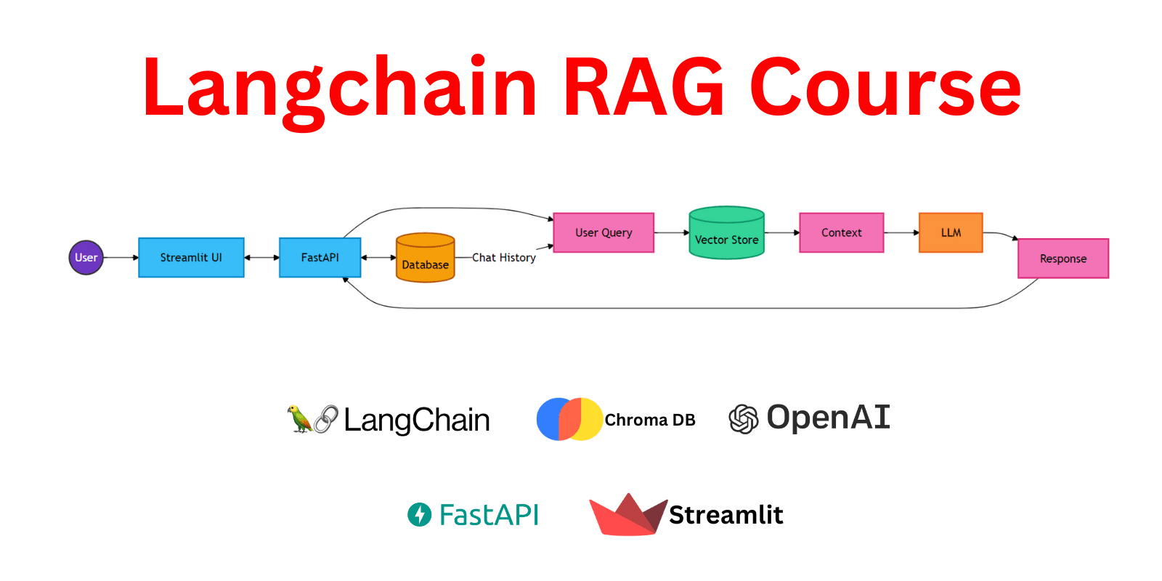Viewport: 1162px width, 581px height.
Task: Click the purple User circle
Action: [x=86, y=258]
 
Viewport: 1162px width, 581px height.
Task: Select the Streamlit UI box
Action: [x=191, y=258]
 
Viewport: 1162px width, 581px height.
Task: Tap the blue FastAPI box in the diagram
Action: [x=320, y=258]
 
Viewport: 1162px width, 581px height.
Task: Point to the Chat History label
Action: [x=504, y=258]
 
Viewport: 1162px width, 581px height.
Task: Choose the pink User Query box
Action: [x=604, y=233]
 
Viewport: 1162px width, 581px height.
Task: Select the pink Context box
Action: [x=841, y=233]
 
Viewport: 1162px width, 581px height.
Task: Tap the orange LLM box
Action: [x=951, y=233]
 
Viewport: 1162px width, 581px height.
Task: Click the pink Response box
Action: [x=1063, y=259]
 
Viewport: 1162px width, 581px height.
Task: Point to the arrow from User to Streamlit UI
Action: [x=121, y=258]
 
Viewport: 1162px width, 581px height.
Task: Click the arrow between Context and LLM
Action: [x=901, y=233]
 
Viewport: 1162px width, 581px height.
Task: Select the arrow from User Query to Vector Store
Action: [x=672, y=233]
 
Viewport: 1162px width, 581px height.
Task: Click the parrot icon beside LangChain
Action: [x=298, y=419]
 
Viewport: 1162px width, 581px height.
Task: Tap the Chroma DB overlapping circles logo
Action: [x=569, y=419]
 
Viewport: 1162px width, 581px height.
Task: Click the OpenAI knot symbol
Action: [x=743, y=419]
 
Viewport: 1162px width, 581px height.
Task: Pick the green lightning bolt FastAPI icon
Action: [x=419, y=515]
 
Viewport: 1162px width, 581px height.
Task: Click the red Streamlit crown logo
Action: [x=627, y=515]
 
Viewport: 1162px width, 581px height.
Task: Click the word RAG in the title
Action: [x=643, y=89]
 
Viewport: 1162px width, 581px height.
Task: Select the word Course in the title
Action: [x=885, y=89]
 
